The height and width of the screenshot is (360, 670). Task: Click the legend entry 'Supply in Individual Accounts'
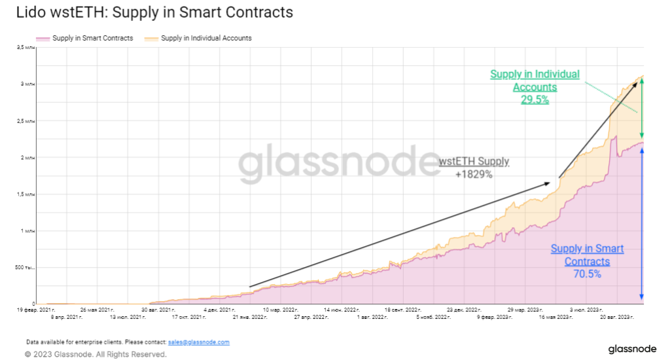(206, 38)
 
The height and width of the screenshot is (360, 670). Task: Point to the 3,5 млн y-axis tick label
(26, 48)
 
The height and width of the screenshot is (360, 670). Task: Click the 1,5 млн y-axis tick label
(26, 194)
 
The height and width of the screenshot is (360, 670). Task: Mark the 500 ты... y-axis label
(27, 268)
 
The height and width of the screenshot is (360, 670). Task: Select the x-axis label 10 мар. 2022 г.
(280, 309)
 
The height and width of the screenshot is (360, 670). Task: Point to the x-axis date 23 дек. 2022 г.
(464, 309)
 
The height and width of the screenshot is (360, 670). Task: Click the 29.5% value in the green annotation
(535, 100)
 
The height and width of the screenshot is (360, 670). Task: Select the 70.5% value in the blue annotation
(587, 274)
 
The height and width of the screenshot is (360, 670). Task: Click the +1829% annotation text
(473, 174)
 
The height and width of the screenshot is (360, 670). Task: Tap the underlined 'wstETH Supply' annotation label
(474, 162)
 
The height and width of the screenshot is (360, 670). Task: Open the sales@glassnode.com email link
(198, 342)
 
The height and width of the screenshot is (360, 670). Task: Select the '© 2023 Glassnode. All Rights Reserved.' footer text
(96, 354)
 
